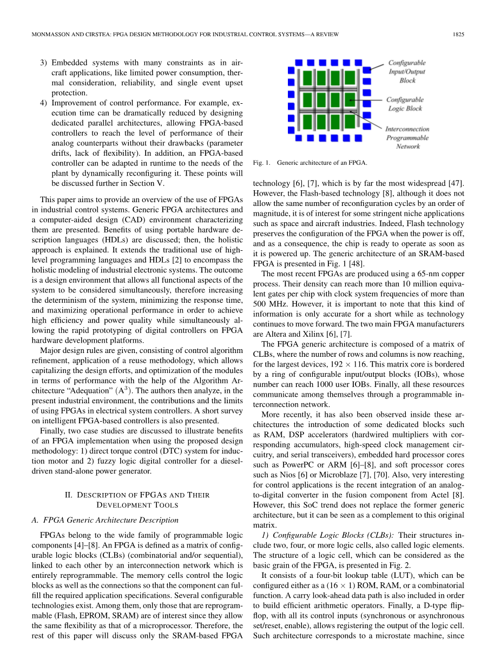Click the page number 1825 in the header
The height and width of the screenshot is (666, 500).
click(458, 35)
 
